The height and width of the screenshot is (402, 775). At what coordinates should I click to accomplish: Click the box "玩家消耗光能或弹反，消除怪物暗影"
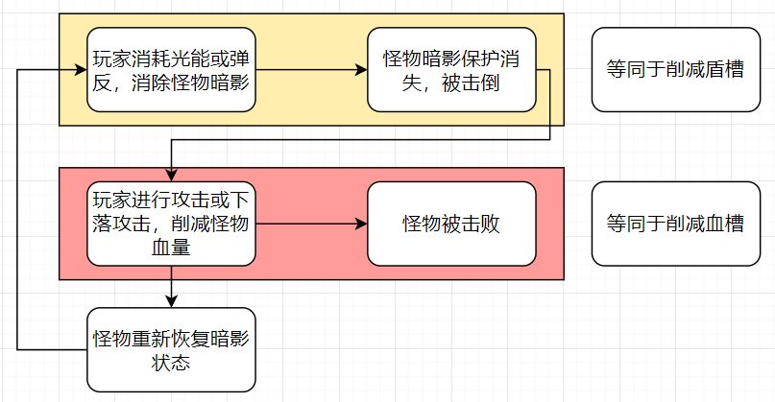point(171,70)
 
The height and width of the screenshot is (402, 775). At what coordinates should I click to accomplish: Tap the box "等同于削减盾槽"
point(674,70)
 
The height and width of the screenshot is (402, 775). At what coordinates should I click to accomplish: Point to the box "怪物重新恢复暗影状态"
point(171,349)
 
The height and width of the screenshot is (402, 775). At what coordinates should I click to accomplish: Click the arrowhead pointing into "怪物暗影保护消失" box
point(362,70)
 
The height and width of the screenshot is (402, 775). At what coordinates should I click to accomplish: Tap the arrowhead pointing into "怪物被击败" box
point(362,225)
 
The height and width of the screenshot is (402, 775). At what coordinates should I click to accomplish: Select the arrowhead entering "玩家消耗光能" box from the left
point(82,70)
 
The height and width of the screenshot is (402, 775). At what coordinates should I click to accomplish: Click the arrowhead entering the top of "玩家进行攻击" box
point(171,177)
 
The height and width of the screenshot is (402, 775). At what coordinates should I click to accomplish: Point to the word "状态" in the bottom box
point(171,362)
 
